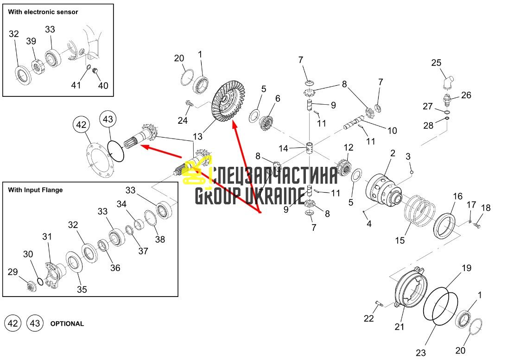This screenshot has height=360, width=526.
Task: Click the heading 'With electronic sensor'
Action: (43, 12)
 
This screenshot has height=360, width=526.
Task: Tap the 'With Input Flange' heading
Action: (35, 190)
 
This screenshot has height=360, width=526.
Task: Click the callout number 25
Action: (436, 63)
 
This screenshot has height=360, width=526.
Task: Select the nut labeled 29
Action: (31, 286)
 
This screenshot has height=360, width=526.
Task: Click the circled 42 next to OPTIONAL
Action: (13, 323)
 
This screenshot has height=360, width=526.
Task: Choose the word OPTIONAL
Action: (67, 324)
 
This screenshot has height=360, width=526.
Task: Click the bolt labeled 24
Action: (190, 104)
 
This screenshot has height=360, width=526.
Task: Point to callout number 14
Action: (283, 148)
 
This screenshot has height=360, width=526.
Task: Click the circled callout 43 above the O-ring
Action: (108, 119)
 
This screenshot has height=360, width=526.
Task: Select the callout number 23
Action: (421, 353)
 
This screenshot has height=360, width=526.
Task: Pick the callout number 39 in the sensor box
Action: (31, 41)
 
